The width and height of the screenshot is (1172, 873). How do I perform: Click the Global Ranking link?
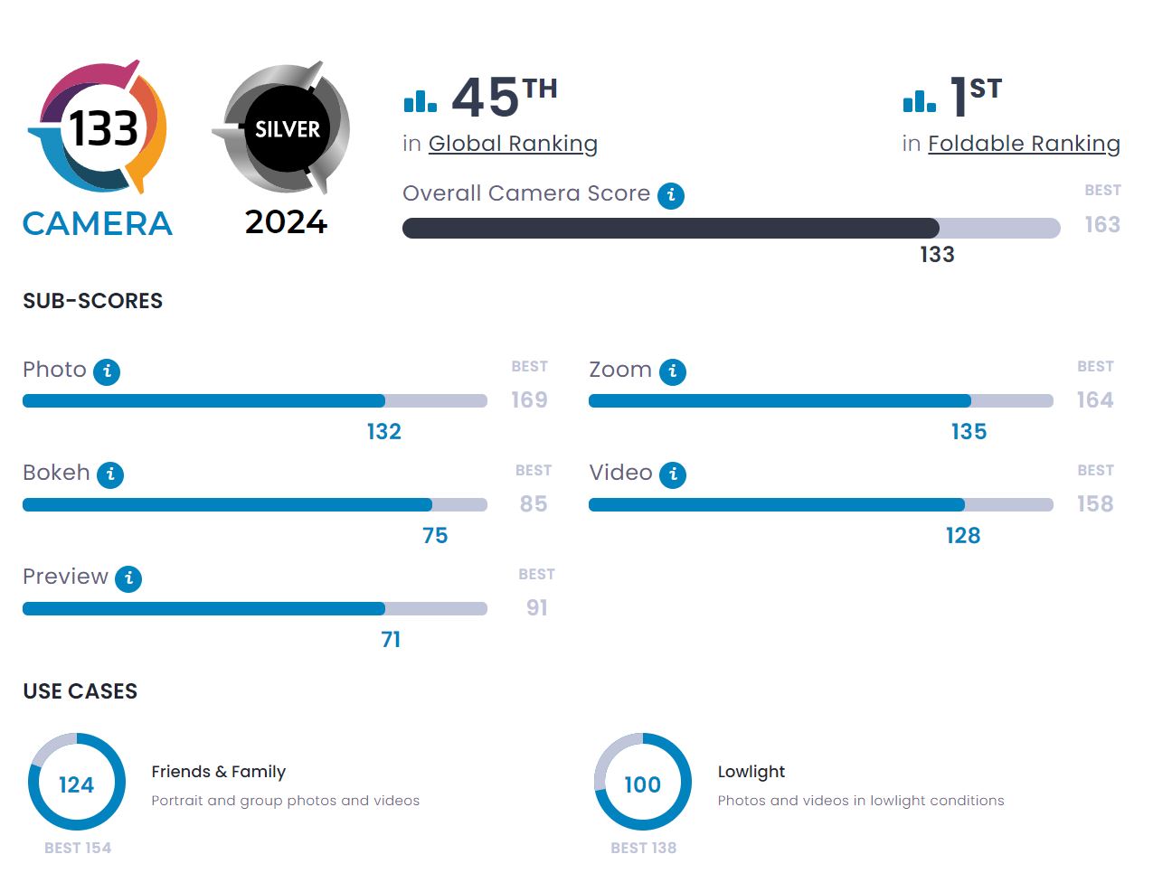click(513, 144)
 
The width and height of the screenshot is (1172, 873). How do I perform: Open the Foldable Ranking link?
click(1024, 144)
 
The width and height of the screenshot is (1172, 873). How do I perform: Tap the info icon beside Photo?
click(107, 371)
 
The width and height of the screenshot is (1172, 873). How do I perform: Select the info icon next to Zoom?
click(673, 371)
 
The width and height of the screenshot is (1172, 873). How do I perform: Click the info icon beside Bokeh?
click(110, 474)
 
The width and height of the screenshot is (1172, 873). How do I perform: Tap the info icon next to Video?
click(673, 474)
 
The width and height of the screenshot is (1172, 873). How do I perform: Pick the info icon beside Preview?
click(129, 578)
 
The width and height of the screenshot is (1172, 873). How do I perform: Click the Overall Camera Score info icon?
click(671, 195)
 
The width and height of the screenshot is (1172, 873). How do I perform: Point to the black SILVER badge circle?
click(287, 129)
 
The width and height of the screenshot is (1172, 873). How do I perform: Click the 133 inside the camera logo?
click(104, 128)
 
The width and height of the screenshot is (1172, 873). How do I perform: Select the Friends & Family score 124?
click(77, 784)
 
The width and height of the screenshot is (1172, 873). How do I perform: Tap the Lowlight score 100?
click(643, 784)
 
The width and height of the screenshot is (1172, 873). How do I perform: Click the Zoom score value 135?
click(969, 432)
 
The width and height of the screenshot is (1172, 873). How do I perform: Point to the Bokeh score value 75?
click(435, 536)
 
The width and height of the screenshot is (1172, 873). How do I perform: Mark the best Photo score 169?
click(529, 400)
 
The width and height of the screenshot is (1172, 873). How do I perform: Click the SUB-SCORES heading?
click(93, 301)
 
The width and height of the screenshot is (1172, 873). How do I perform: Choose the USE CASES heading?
click(80, 691)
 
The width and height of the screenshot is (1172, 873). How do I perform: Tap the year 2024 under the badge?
click(286, 222)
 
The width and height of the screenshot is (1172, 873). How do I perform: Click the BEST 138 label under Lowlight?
click(643, 848)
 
